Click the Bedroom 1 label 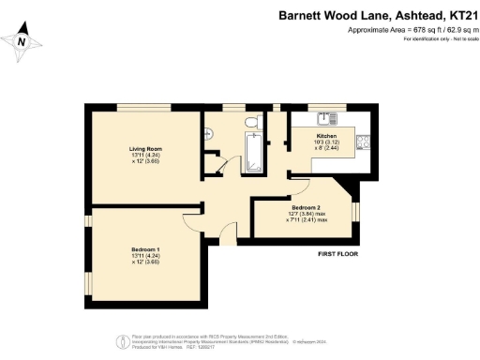tap(146, 248)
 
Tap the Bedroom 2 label tap(307, 207)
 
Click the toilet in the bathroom tap(248, 122)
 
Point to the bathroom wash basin tap(210, 134)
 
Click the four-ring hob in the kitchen tap(363, 142)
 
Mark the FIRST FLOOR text tap(338, 254)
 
